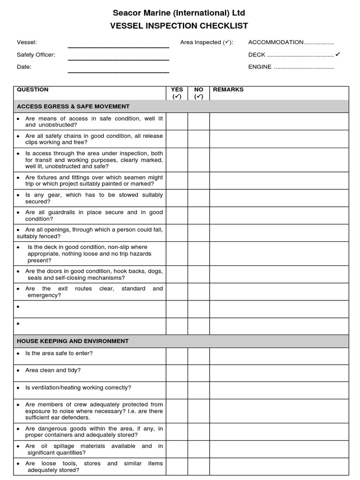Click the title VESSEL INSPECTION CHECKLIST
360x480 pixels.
point(179,26)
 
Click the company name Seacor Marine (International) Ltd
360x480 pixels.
point(179,13)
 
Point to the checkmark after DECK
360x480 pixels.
point(338,54)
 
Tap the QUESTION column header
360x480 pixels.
point(32,90)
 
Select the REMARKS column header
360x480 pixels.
point(228,90)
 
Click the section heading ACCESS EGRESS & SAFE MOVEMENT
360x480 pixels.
point(73,106)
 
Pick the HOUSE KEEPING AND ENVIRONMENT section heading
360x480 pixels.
point(73,341)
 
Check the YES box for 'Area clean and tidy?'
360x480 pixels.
point(177,373)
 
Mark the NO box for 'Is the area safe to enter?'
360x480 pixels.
point(199,356)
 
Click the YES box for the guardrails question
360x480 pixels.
point(177,216)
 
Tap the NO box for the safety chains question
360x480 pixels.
point(199,139)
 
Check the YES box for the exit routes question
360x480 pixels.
point(177,292)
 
